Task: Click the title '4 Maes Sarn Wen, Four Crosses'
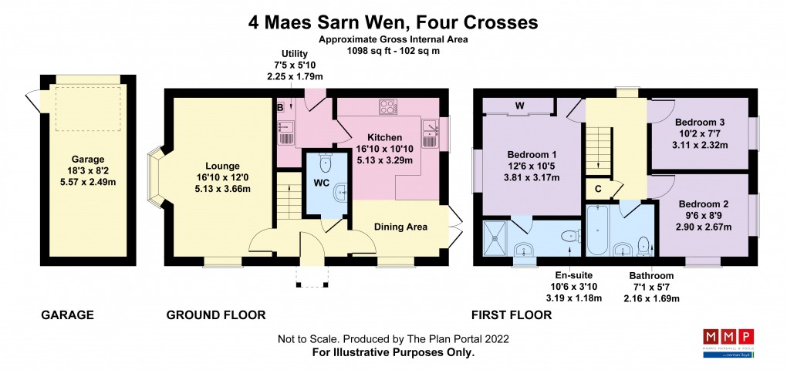393,22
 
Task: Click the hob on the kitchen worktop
387,107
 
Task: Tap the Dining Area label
400,227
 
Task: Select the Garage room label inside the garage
88,160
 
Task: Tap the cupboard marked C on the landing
598,187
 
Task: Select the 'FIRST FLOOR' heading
512,314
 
